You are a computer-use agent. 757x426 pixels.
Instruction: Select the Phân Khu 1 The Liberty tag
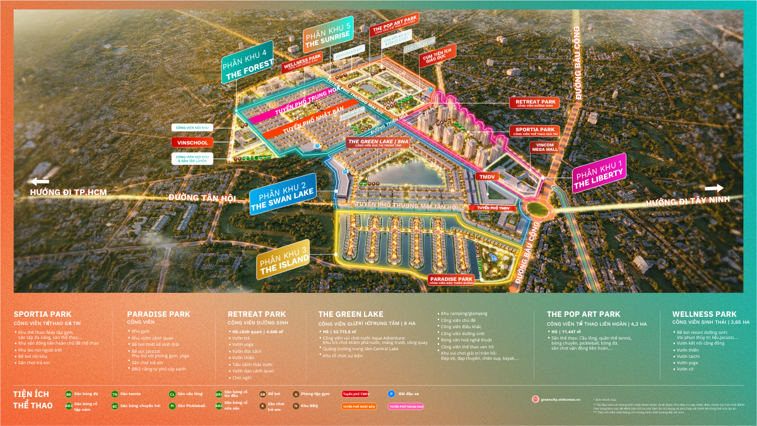point(599,172)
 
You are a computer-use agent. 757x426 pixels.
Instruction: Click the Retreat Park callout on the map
point(535,103)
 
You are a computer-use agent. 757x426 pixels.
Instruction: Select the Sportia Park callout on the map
point(535,131)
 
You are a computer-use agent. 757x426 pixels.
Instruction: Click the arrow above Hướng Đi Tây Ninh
point(714,187)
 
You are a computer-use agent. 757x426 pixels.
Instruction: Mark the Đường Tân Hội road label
point(202,198)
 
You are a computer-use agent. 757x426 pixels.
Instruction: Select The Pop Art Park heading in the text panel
point(584,314)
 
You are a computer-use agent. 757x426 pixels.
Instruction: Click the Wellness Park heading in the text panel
point(704,314)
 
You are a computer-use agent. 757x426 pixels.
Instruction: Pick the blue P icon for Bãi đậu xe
point(392,393)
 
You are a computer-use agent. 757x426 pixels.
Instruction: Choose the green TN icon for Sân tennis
point(115,394)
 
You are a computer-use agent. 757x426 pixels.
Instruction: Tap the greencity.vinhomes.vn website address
point(560,399)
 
